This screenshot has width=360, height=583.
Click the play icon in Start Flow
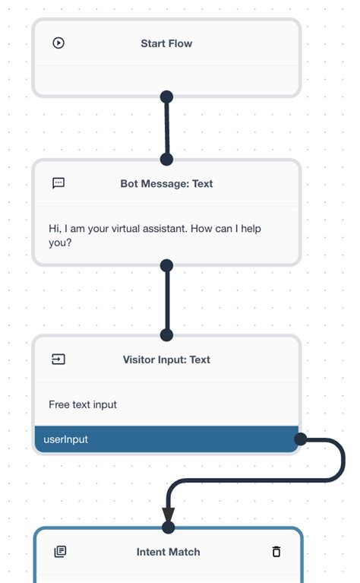pyautogui.click(x=58, y=43)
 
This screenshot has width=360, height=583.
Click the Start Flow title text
pyautogui.click(x=166, y=43)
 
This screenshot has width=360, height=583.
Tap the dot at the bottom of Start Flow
pyautogui.click(x=167, y=97)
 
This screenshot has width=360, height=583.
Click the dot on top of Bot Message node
pyautogui.click(x=167, y=159)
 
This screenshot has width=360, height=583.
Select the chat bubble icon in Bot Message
pyautogui.click(x=58, y=183)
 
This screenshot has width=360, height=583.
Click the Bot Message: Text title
pyautogui.click(x=166, y=183)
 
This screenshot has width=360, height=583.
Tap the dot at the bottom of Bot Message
pyautogui.click(x=167, y=265)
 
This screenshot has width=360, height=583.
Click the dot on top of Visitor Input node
pyautogui.click(x=167, y=335)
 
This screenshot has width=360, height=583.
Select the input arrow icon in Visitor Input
pyautogui.click(x=58, y=360)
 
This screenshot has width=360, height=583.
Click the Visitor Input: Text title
pyautogui.click(x=166, y=360)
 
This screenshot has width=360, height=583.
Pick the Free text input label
pyautogui.click(x=83, y=404)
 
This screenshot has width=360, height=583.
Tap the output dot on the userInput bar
pyautogui.click(x=300, y=439)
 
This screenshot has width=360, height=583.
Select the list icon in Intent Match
pyautogui.click(x=60, y=551)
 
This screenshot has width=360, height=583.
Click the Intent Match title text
pyautogui.click(x=169, y=551)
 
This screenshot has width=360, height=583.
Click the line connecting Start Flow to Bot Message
pyautogui.click(x=167, y=128)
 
